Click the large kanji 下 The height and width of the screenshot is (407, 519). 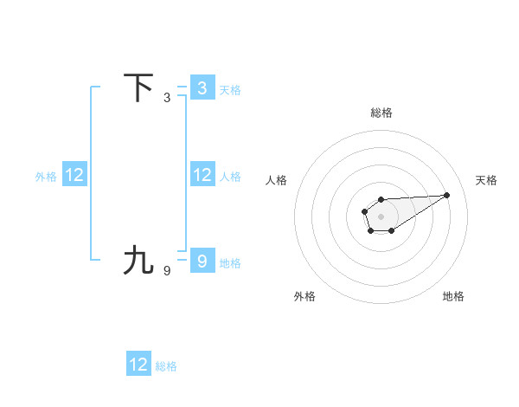point(138,88)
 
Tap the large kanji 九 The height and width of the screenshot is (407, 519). point(138,260)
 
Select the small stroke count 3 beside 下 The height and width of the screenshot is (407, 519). point(167,98)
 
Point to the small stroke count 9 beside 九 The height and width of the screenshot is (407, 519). point(167,270)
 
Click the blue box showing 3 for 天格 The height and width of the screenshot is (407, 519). point(202,87)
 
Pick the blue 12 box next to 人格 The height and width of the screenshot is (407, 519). point(202,175)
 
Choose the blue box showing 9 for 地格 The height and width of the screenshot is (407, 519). point(202,260)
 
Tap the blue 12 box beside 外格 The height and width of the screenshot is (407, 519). point(74,175)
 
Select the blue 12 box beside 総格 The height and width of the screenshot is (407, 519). point(138,365)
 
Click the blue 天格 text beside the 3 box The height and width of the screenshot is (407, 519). point(230,90)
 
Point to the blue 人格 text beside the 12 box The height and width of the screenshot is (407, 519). point(230,177)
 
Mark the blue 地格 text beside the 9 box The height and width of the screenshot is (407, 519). point(230,262)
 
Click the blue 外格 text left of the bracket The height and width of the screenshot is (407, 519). point(46,177)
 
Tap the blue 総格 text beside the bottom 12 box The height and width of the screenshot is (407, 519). point(166,366)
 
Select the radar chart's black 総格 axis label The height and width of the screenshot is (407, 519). point(381,113)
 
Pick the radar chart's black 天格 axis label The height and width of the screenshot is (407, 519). point(487,180)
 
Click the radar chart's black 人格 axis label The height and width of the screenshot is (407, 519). point(277,180)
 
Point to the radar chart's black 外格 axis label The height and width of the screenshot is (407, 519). point(304,296)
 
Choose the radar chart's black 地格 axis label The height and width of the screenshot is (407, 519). point(453,296)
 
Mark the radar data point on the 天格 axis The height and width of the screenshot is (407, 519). point(446,195)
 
